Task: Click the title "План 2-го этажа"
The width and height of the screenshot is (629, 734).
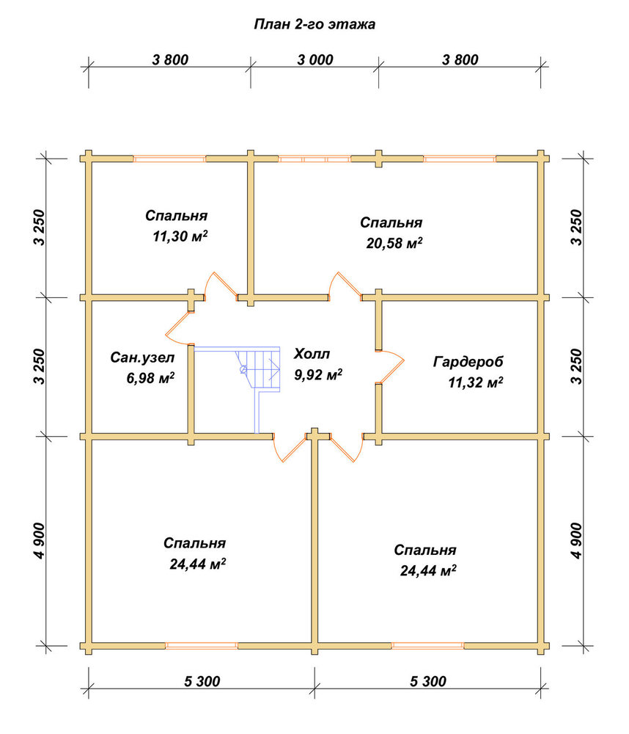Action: click(x=314, y=24)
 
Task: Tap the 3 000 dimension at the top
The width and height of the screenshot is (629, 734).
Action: click(x=315, y=60)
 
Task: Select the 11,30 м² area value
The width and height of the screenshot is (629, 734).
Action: click(x=180, y=236)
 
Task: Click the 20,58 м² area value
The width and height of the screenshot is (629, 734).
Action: click(x=394, y=243)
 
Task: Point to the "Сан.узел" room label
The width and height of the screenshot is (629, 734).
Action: click(x=142, y=357)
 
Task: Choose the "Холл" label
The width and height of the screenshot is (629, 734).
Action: click(x=312, y=354)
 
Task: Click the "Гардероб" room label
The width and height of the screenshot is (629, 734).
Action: click(x=468, y=362)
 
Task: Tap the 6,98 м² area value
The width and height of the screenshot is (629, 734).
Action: click(x=150, y=377)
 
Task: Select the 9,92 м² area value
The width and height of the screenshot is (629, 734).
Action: click(x=318, y=374)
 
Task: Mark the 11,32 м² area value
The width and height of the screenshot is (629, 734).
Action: click(x=476, y=383)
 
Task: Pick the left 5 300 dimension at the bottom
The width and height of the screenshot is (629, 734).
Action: click(x=202, y=681)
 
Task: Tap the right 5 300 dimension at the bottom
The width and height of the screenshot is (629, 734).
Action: click(x=428, y=681)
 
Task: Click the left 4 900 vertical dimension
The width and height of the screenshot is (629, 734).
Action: click(x=40, y=541)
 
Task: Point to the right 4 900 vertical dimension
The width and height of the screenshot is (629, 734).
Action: click(x=578, y=541)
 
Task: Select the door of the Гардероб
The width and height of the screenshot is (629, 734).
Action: click(x=391, y=366)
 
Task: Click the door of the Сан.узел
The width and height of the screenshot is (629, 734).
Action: click(x=179, y=327)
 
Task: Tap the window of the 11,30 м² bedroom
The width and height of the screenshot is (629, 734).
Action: click(x=169, y=159)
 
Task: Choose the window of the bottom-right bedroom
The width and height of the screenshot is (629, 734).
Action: click(x=427, y=645)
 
